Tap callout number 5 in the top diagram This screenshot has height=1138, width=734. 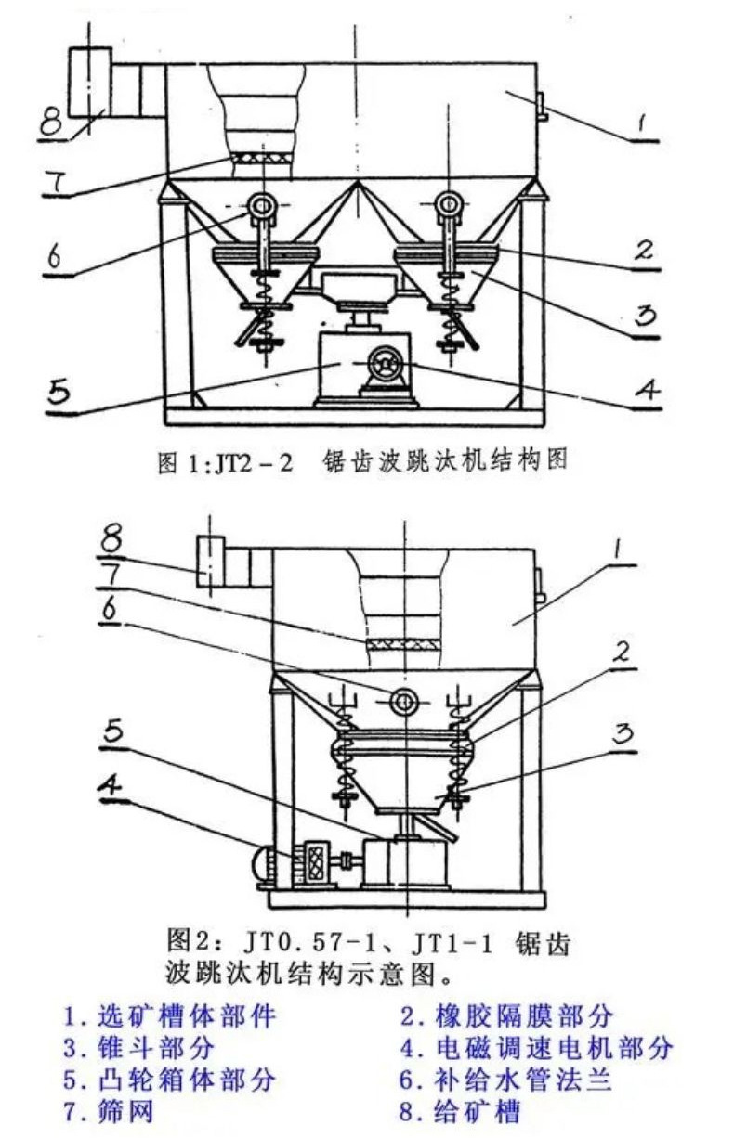pyautogui.click(x=59, y=393)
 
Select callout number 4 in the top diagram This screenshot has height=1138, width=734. pyautogui.click(x=647, y=391)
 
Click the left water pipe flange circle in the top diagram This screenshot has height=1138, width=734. pyautogui.click(x=261, y=206)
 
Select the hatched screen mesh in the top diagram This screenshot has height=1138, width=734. pyautogui.click(x=262, y=158)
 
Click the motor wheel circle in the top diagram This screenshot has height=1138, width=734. pyautogui.click(x=387, y=366)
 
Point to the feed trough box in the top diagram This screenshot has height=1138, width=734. pyautogui.click(x=90, y=83)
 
